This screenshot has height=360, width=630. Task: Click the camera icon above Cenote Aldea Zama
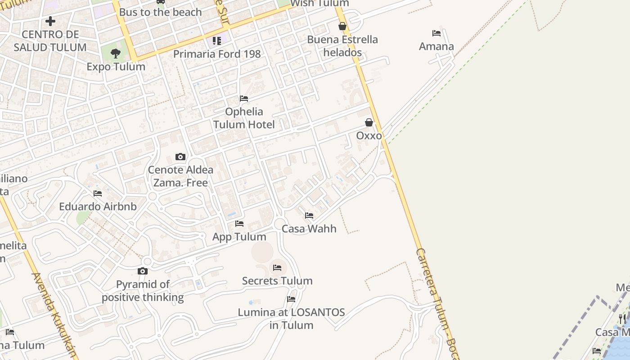coord(180,157)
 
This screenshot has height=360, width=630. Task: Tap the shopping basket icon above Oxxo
coord(369,122)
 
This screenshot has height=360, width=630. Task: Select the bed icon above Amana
coord(436,33)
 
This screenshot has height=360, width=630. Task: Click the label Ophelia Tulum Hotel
coord(243,118)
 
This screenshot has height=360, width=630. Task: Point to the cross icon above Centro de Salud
coord(50,21)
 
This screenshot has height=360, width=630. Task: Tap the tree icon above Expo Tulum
coord(116,54)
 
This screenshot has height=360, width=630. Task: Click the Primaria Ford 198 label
coord(217,54)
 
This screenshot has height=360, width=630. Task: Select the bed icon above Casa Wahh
coord(309,216)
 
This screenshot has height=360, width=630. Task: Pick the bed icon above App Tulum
coord(239,224)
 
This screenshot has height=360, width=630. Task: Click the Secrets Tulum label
coord(277,281)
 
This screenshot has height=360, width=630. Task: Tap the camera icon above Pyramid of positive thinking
coord(143,271)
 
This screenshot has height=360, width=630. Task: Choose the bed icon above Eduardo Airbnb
coord(98,193)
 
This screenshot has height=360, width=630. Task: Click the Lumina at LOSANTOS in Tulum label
coord(291,319)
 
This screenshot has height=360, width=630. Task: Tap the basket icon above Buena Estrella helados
coord(342,26)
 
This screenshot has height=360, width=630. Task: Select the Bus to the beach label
coord(160,12)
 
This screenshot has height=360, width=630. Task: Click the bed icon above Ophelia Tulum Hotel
coord(244,99)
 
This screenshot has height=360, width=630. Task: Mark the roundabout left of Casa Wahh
coord(279,223)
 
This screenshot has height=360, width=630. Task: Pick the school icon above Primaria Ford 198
coord(217,41)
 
